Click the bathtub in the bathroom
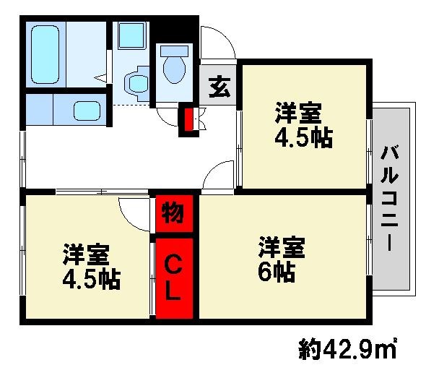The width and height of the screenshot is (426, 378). [x=45, y=54]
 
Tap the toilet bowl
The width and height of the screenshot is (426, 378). [x=174, y=69]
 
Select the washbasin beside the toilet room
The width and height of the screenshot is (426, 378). [x=136, y=84]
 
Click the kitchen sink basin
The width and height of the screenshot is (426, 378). [x=87, y=111]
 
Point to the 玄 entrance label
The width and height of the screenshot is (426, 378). [x=219, y=87]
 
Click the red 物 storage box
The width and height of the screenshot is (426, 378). [x=174, y=214]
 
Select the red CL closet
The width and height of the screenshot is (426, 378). [x=174, y=278]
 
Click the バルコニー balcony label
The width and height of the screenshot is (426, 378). [x=390, y=198]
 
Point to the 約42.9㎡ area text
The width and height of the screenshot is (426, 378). [x=347, y=348]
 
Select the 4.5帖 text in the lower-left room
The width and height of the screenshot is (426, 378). [x=92, y=280]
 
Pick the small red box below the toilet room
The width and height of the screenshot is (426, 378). [x=188, y=120]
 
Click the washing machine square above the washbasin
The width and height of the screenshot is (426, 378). [x=131, y=35]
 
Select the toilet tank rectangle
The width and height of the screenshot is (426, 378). [x=174, y=51]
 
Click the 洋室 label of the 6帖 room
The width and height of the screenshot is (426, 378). [x=282, y=247]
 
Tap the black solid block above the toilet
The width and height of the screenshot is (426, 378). [x=174, y=30]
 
